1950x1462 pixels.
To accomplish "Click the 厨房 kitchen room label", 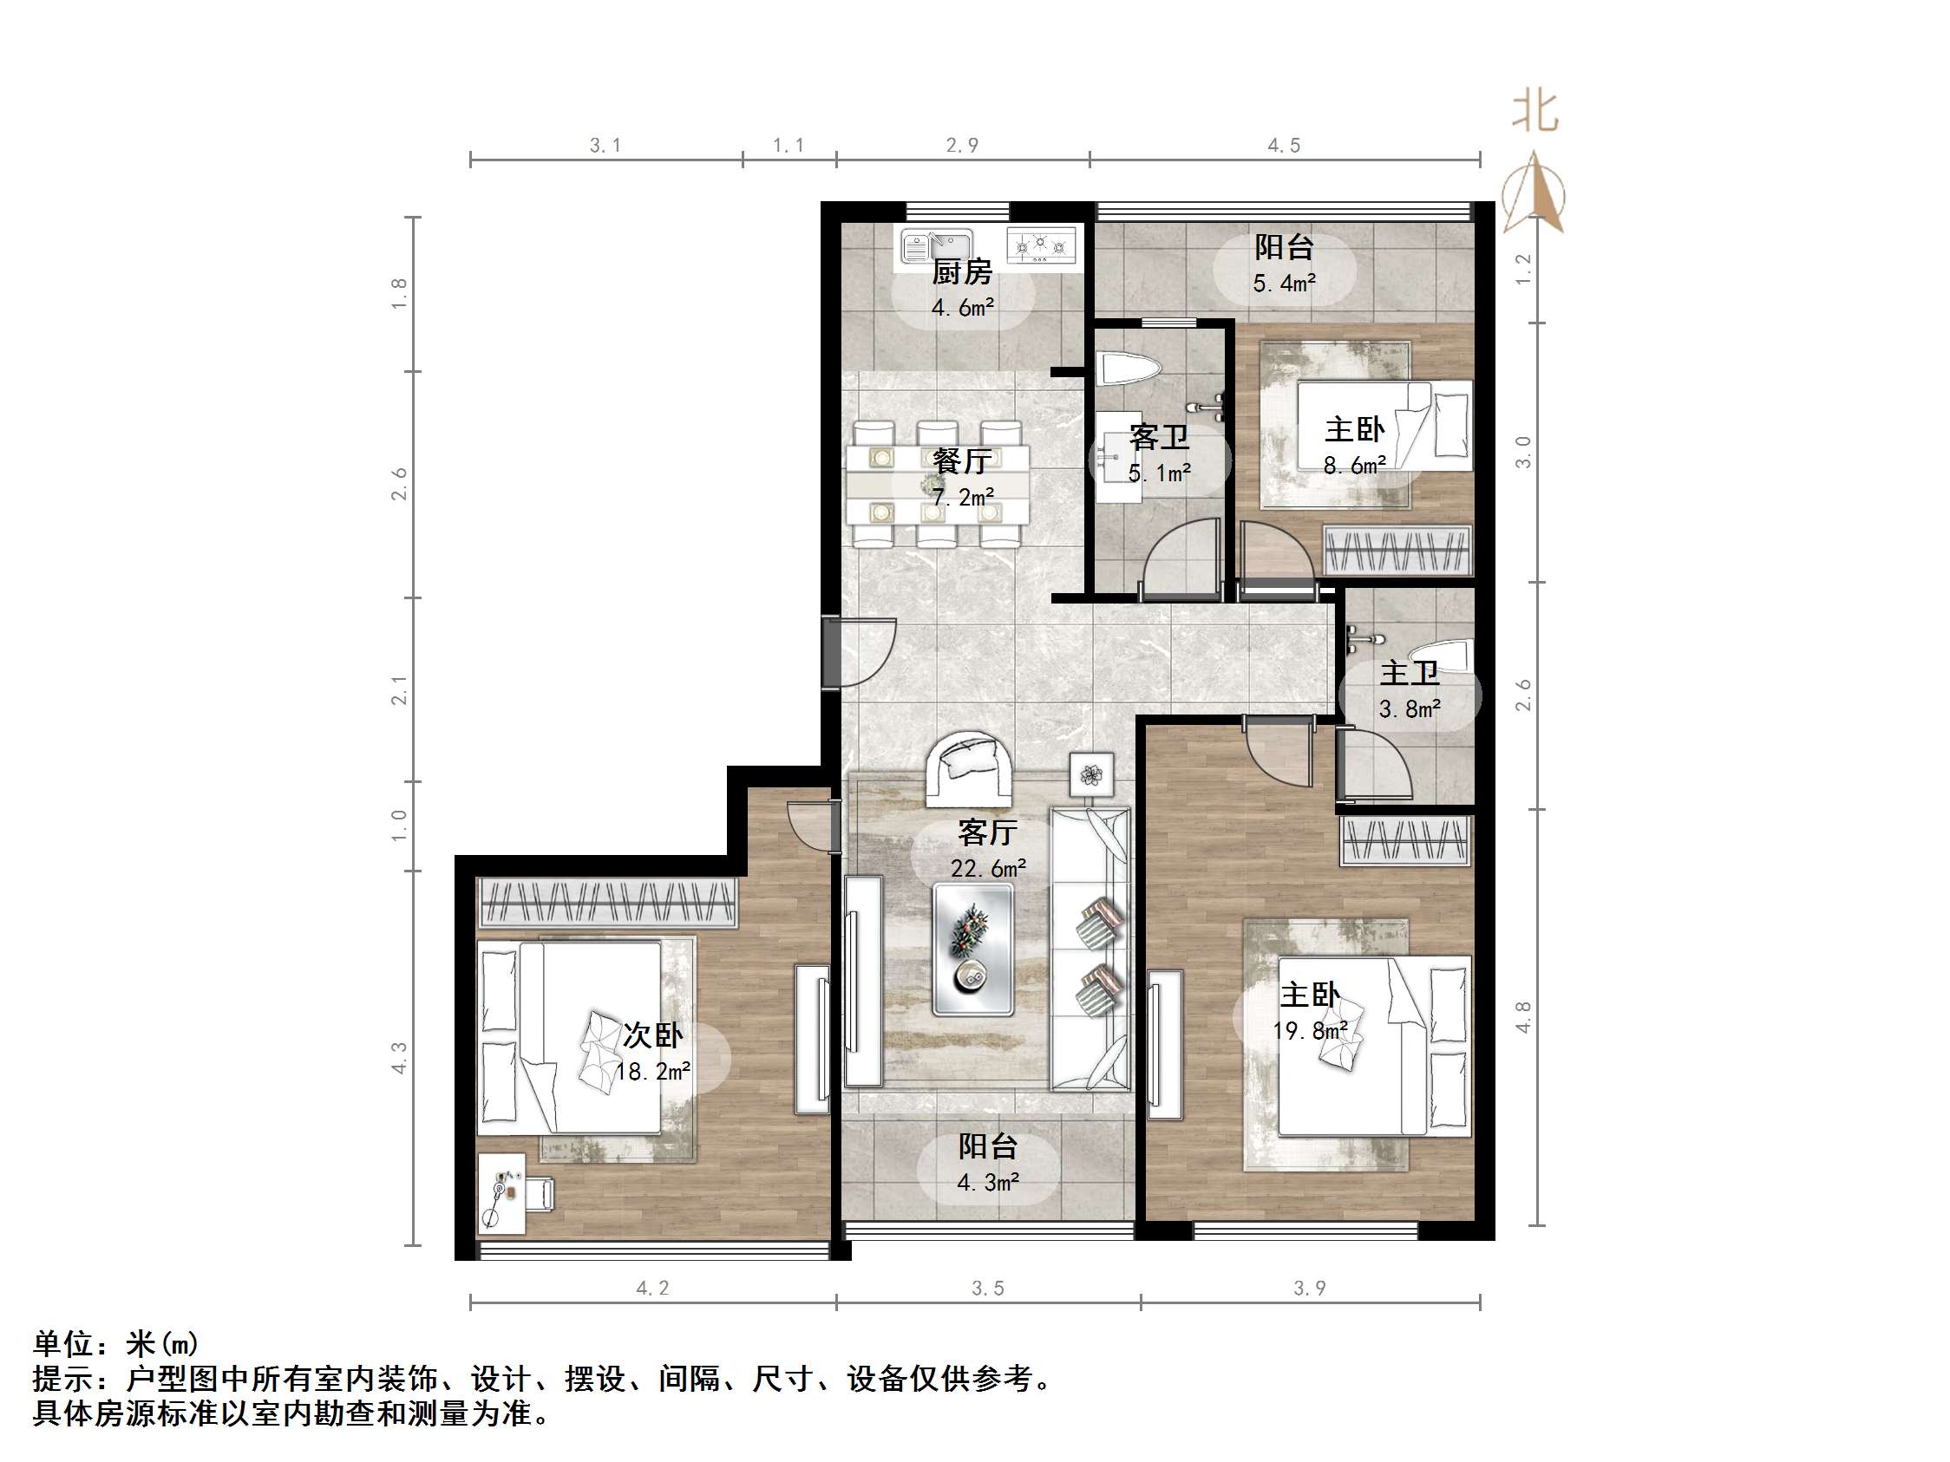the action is [x=962, y=272].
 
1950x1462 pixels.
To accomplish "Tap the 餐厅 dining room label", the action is [x=962, y=461].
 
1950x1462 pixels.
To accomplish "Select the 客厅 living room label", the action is [x=987, y=832].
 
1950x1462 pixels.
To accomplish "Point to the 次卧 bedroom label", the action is [x=652, y=1034].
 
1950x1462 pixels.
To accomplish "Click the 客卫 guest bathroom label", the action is [x=1159, y=437].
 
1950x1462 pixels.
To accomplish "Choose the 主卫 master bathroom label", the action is [x=1410, y=673].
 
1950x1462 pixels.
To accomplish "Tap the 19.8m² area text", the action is [x=1310, y=1030].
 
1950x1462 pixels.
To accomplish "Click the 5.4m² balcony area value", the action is [x=1285, y=283].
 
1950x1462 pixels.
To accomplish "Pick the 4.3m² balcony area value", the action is [x=988, y=1182].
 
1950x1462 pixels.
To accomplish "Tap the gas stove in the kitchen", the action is [x=1042, y=245].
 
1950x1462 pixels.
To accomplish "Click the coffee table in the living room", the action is [x=972, y=951].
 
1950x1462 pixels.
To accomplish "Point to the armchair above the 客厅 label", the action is [x=968, y=767].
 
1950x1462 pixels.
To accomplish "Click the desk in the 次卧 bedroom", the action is [x=501, y=1193].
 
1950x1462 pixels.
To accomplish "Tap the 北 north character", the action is [x=1534, y=113].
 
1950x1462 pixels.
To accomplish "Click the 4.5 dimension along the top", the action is [x=1284, y=146].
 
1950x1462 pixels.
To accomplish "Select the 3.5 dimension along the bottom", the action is [x=987, y=1289].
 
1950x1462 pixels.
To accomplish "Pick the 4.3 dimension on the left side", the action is [x=399, y=1058].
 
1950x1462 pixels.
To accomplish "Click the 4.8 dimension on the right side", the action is [x=1523, y=1017].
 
